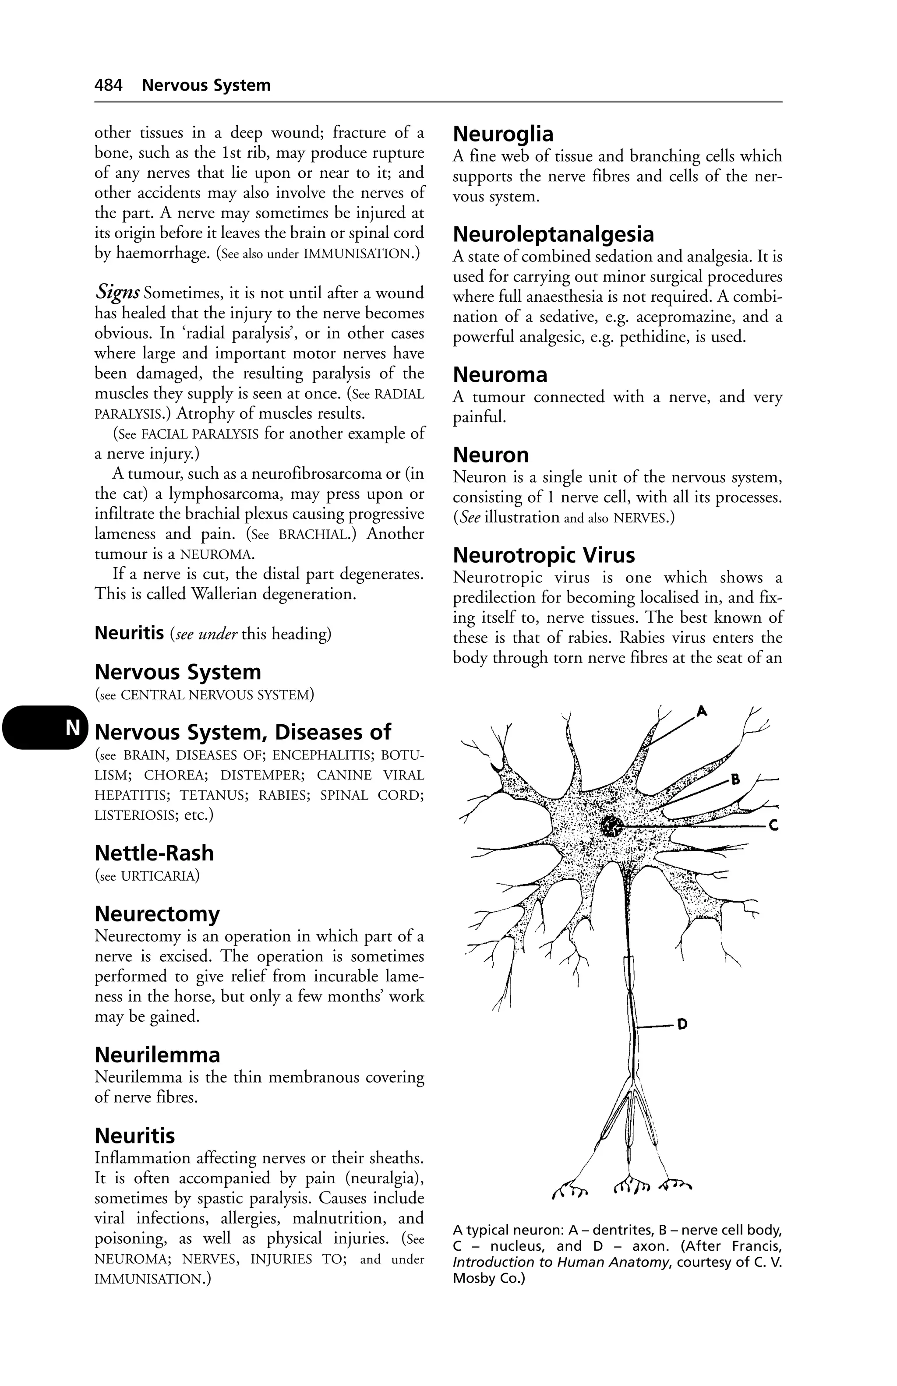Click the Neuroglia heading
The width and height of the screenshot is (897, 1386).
click(x=503, y=134)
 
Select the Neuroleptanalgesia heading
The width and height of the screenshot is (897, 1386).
click(x=553, y=234)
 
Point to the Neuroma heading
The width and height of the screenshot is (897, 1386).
click(x=500, y=374)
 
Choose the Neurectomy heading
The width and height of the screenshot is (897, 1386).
click(x=157, y=914)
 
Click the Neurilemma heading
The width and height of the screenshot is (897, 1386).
click(x=157, y=1054)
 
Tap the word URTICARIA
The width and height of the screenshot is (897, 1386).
click(x=157, y=875)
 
